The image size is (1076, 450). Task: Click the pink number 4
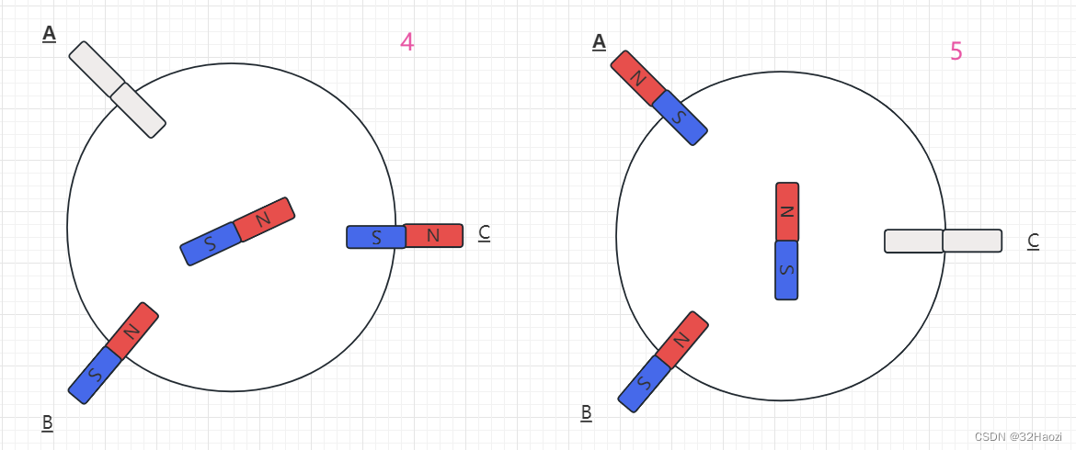pos(406,41)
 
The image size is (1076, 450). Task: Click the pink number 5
pos(956,51)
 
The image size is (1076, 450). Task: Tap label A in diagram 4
pos(49,33)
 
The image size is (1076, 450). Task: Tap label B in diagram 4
pos(47,422)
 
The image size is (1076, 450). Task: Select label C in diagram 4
pos(484,233)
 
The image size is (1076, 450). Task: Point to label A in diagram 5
pos(599,41)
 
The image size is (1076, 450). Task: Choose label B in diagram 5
pos(586,412)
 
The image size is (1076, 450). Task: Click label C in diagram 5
pos(1033,241)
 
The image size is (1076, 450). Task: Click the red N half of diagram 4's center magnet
pos(264,219)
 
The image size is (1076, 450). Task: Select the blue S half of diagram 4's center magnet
pos(211,244)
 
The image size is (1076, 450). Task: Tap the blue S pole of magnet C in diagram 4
pos(375,237)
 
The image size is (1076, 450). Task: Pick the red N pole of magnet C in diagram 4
pos(433,236)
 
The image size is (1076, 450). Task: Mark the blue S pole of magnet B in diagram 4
pos(95,375)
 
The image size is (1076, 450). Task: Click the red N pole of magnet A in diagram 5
pos(636,75)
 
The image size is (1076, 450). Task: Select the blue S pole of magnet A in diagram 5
pos(680,118)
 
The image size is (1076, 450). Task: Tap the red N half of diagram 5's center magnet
pos(787,210)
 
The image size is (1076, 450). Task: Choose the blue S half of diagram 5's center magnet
pos(786,270)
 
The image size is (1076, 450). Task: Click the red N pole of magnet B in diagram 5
pos(681,339)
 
